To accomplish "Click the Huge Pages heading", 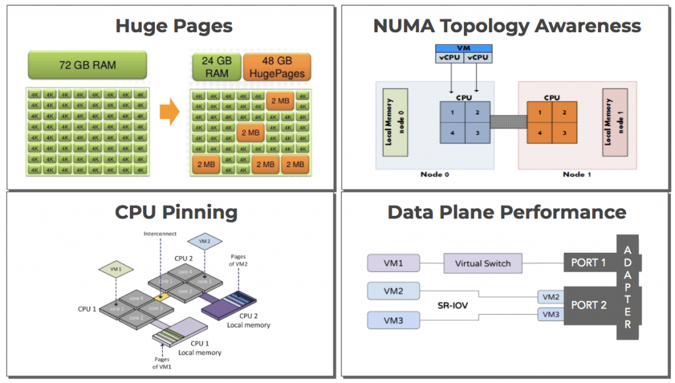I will pos(174,26).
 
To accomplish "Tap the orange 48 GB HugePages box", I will pos(277,67).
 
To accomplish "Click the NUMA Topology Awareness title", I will pos(506,26).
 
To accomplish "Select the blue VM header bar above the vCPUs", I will pos(464,48).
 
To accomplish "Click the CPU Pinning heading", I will pos(176,213).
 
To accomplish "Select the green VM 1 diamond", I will pos(115,269).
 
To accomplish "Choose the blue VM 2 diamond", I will pos(204,241).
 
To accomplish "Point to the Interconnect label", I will pos(160,234).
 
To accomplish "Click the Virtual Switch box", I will pos(483,263).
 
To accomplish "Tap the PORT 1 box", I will pos(589,263).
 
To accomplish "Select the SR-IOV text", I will pos(453,305).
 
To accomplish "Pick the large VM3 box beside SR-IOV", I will pos(394,320).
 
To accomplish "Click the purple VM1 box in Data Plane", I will pos(394,263).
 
